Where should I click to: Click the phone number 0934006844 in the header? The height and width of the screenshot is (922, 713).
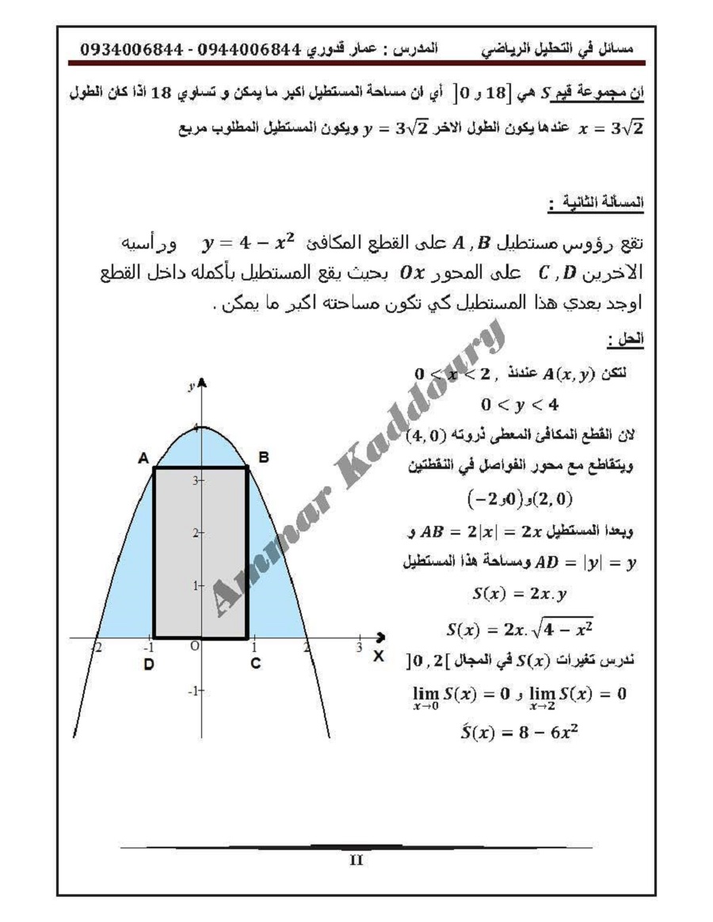pos(132,50)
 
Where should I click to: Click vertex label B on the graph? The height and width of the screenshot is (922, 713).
pos(264,457)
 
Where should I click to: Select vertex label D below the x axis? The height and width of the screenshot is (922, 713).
pos(148,664)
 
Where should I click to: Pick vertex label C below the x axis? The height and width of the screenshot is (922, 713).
pos(255,664)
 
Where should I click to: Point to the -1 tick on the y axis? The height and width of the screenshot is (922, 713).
pos(192,691)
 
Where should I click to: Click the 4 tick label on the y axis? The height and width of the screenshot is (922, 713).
pos(196,429)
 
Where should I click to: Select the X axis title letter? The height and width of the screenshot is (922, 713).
pos(379,656)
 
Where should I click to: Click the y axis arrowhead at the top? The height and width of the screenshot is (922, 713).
pos(202,383)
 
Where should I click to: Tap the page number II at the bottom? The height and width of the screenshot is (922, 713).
pos(356,860)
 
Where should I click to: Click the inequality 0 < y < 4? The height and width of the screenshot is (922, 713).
pos(520,405)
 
